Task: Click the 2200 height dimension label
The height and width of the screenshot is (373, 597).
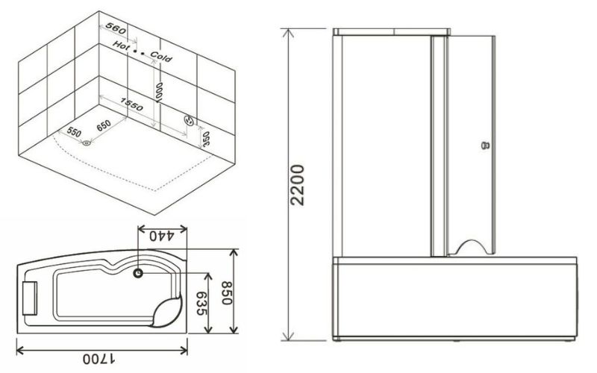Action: (297, 185)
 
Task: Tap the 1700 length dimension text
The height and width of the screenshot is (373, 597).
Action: (100, 359)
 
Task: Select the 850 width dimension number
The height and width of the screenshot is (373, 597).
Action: (227, 293)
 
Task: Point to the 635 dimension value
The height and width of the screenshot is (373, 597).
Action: (201, 304)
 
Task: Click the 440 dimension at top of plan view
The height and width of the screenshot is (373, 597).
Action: (162, 236)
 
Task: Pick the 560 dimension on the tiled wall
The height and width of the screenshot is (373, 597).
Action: (116, 28)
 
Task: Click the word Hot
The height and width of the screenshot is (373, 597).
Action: (121, 45)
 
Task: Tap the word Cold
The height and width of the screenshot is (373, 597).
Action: (161, 57)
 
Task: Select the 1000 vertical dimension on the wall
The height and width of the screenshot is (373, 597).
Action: (159, 92)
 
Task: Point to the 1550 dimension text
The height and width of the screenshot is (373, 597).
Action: (132, 104)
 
